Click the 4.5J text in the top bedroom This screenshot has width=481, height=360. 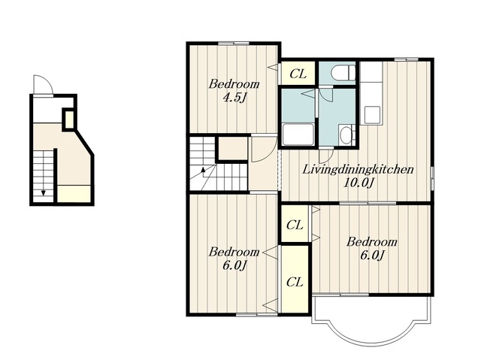point(234,98)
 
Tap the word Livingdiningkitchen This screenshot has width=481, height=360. point(358,169)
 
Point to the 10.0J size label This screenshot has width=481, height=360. point(359,183)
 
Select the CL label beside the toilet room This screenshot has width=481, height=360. point(298,74)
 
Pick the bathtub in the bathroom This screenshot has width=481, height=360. point(298,135)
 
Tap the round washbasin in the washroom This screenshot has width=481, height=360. point(346,135)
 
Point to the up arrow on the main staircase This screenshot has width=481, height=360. point(202,171)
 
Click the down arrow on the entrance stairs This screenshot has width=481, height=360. point(44,192)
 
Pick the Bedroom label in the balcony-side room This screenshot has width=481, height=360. point(372,242)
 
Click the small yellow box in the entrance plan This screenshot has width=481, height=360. point(69,119)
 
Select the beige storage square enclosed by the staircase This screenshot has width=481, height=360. point(233,148)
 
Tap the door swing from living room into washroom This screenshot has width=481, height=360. point(325,157)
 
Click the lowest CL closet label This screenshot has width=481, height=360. point(295,282)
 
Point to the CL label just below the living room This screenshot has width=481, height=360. point(295,225)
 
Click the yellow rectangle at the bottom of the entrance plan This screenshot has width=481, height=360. point(74,193)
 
